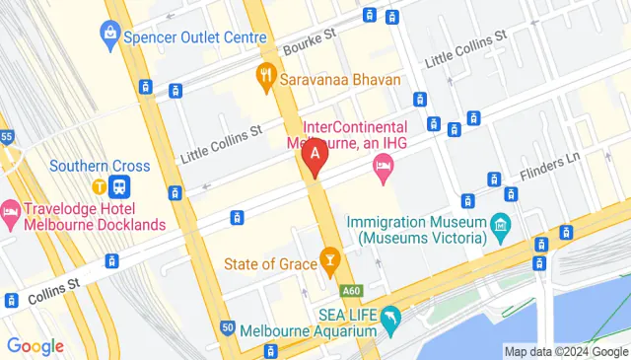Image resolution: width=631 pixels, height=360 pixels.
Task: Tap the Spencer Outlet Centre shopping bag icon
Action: [x=109, y=36]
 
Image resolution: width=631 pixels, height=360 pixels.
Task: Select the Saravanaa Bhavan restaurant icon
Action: [x=265, y=74]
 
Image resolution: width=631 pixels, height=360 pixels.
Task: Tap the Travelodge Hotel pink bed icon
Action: [x=11, y=210]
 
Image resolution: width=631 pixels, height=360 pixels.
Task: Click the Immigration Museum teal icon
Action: [x=501, y=227]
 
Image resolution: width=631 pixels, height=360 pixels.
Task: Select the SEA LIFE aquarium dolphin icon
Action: [x=391, y=318]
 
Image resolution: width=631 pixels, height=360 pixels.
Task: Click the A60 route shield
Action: [x=352, y=291]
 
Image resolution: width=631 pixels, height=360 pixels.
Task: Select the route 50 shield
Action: [x=228, y=327]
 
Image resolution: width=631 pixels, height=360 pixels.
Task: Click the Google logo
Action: [x=35, y=346]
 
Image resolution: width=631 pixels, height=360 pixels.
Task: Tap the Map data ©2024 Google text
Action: [x=565, y=351]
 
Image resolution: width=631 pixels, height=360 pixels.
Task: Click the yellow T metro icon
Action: [x=100, y=185]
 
